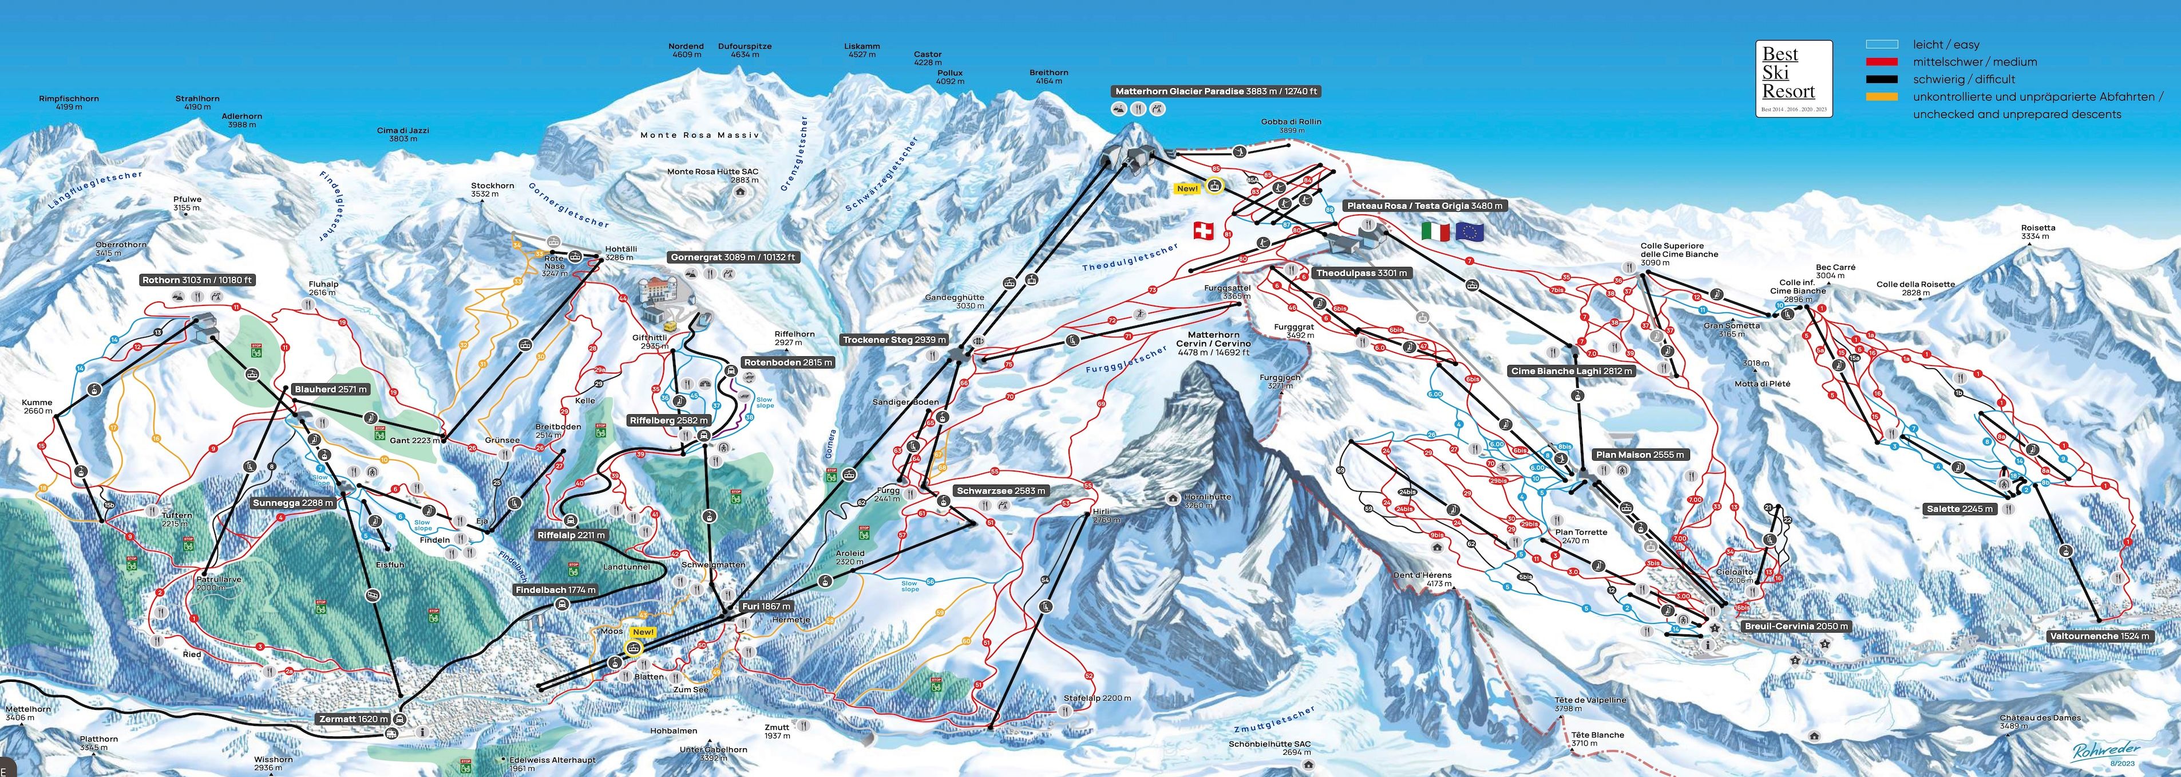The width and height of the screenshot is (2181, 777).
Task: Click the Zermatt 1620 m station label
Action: tap(354, 719)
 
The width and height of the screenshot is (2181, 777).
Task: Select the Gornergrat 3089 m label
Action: tap(733, 257)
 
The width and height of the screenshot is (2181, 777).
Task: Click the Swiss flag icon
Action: tap(1203, 230)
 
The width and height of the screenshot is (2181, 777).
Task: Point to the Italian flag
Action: tap(1435, 231)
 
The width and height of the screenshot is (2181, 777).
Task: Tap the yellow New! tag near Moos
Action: tap(643, 632)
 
